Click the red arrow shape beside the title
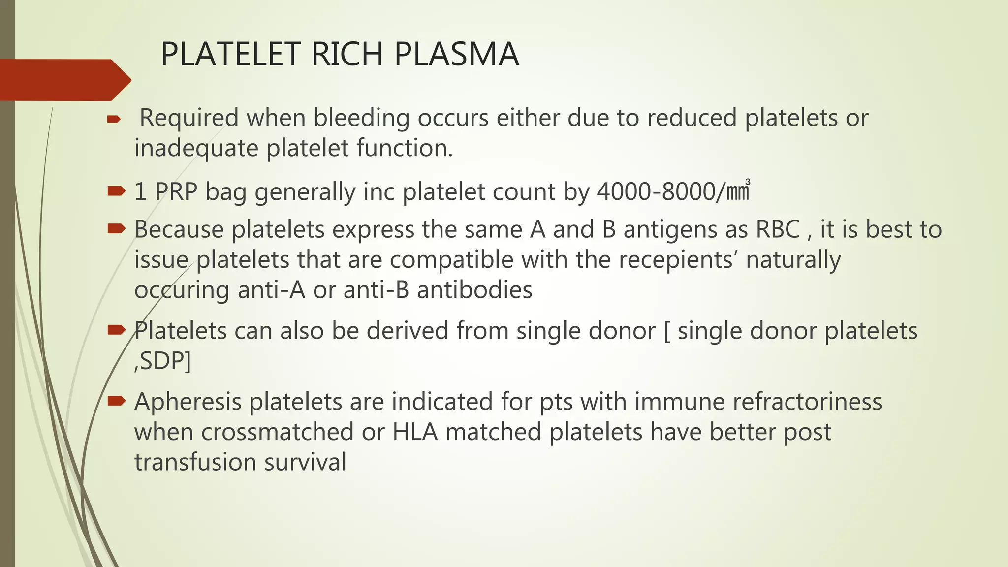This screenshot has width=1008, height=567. point(64,80)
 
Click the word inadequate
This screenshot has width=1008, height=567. point(196,148)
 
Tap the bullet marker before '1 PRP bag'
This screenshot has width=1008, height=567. point(117,191)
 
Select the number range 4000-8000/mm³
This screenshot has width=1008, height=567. point(673,191)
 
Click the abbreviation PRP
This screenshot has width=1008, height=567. point(176,191)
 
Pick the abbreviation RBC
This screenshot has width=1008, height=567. point(778,230)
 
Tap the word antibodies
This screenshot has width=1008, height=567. point(474,290)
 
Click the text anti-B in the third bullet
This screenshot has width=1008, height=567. point(376,290)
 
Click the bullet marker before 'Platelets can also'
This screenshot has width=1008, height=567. point(117,330)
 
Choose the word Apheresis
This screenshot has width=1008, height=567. point(189,402)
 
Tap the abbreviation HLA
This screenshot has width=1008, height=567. point(415,432)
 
